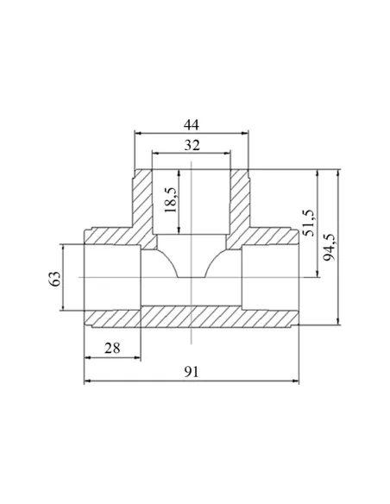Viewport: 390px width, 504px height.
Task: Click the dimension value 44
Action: pyautogui.click(x=192, y=124)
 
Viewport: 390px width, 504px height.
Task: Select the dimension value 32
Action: pyautogui.click(x=192, y=145)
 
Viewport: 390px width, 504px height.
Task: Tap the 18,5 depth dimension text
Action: pyautogui.click(x=171, y=200)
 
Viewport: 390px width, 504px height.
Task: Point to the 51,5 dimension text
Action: pyautogui.click(x=310, y=223)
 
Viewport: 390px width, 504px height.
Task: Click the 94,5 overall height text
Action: pyautogui.click(x=329, y=247)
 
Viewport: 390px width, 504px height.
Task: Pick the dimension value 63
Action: pyautogui.click(x=54, y=279)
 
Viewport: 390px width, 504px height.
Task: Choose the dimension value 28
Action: pyautogui.click(x=112, y=348)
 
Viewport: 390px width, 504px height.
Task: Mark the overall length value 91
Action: pyautogui.click(x=192, y=372)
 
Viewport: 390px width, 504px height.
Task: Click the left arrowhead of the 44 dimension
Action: pyautogui.click(x=138, y=133)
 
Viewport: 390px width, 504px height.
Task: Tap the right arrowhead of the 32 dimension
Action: pyautogui.click(x=227, y=154)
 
